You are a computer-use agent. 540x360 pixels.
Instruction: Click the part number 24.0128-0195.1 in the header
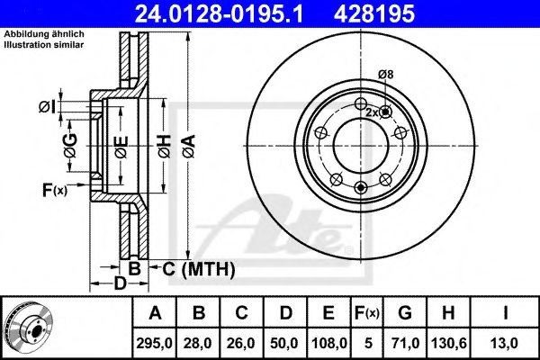219,13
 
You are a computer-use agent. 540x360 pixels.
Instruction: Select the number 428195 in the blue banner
374,13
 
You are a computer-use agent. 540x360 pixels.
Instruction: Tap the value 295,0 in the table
154,343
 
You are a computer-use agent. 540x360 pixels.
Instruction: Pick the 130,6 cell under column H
449,343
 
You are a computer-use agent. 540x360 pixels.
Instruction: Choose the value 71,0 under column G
405,343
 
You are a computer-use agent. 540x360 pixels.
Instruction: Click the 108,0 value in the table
328,343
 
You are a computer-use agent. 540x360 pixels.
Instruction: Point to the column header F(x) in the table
367,313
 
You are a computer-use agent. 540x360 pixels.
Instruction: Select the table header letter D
286,313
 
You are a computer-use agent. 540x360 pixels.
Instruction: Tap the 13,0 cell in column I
505,343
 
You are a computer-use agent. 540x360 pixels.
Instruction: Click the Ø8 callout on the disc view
385,75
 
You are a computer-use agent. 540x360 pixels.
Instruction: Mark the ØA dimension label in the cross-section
189,146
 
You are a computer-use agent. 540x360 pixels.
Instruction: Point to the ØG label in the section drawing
70,146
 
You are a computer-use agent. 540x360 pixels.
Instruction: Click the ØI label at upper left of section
47,107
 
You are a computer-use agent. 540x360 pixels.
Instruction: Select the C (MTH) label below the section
199,269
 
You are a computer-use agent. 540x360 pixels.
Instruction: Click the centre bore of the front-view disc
361,146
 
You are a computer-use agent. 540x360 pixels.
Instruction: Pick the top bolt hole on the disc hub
361,103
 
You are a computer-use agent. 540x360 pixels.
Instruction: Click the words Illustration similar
44,45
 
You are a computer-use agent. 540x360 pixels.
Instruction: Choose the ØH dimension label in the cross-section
165,146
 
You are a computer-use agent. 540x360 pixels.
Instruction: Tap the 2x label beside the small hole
372,112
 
